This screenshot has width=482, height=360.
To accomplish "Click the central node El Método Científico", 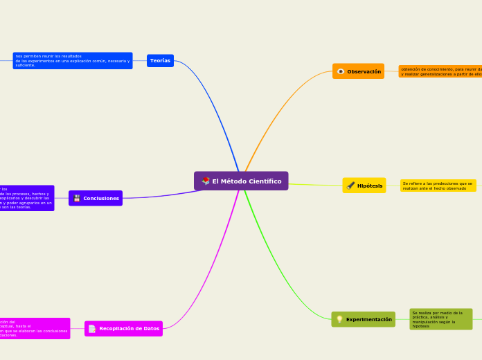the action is pos(241,181).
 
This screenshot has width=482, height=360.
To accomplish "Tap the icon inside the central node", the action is pos(206,181).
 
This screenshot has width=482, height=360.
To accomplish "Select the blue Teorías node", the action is pos(160,61).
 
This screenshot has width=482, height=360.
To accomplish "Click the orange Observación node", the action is pos(358,71).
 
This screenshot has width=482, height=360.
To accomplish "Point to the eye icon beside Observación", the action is pos(341,71).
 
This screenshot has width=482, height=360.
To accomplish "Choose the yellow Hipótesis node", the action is pos(364,186).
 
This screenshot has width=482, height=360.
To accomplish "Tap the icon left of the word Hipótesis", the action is pos(350,186).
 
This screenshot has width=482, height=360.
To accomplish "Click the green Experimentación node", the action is pos(364,319).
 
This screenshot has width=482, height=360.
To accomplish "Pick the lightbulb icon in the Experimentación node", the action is pos(339,319).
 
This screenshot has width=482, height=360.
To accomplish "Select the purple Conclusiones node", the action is pos(96,198).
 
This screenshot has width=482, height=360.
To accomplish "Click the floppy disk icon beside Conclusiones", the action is pos(77,199).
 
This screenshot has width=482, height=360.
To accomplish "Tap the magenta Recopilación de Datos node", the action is pos(123,328).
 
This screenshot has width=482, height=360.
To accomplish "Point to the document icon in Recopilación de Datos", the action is pos(92,329).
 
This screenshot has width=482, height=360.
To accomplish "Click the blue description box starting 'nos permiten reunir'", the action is pos(73,61).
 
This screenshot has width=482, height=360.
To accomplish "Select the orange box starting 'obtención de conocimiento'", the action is pos(440,71).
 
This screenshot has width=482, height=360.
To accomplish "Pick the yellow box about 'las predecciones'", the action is pos(438,186).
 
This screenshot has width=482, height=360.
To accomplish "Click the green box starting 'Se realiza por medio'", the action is pos(440,319).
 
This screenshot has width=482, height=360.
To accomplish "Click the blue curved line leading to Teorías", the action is pos(215,104).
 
